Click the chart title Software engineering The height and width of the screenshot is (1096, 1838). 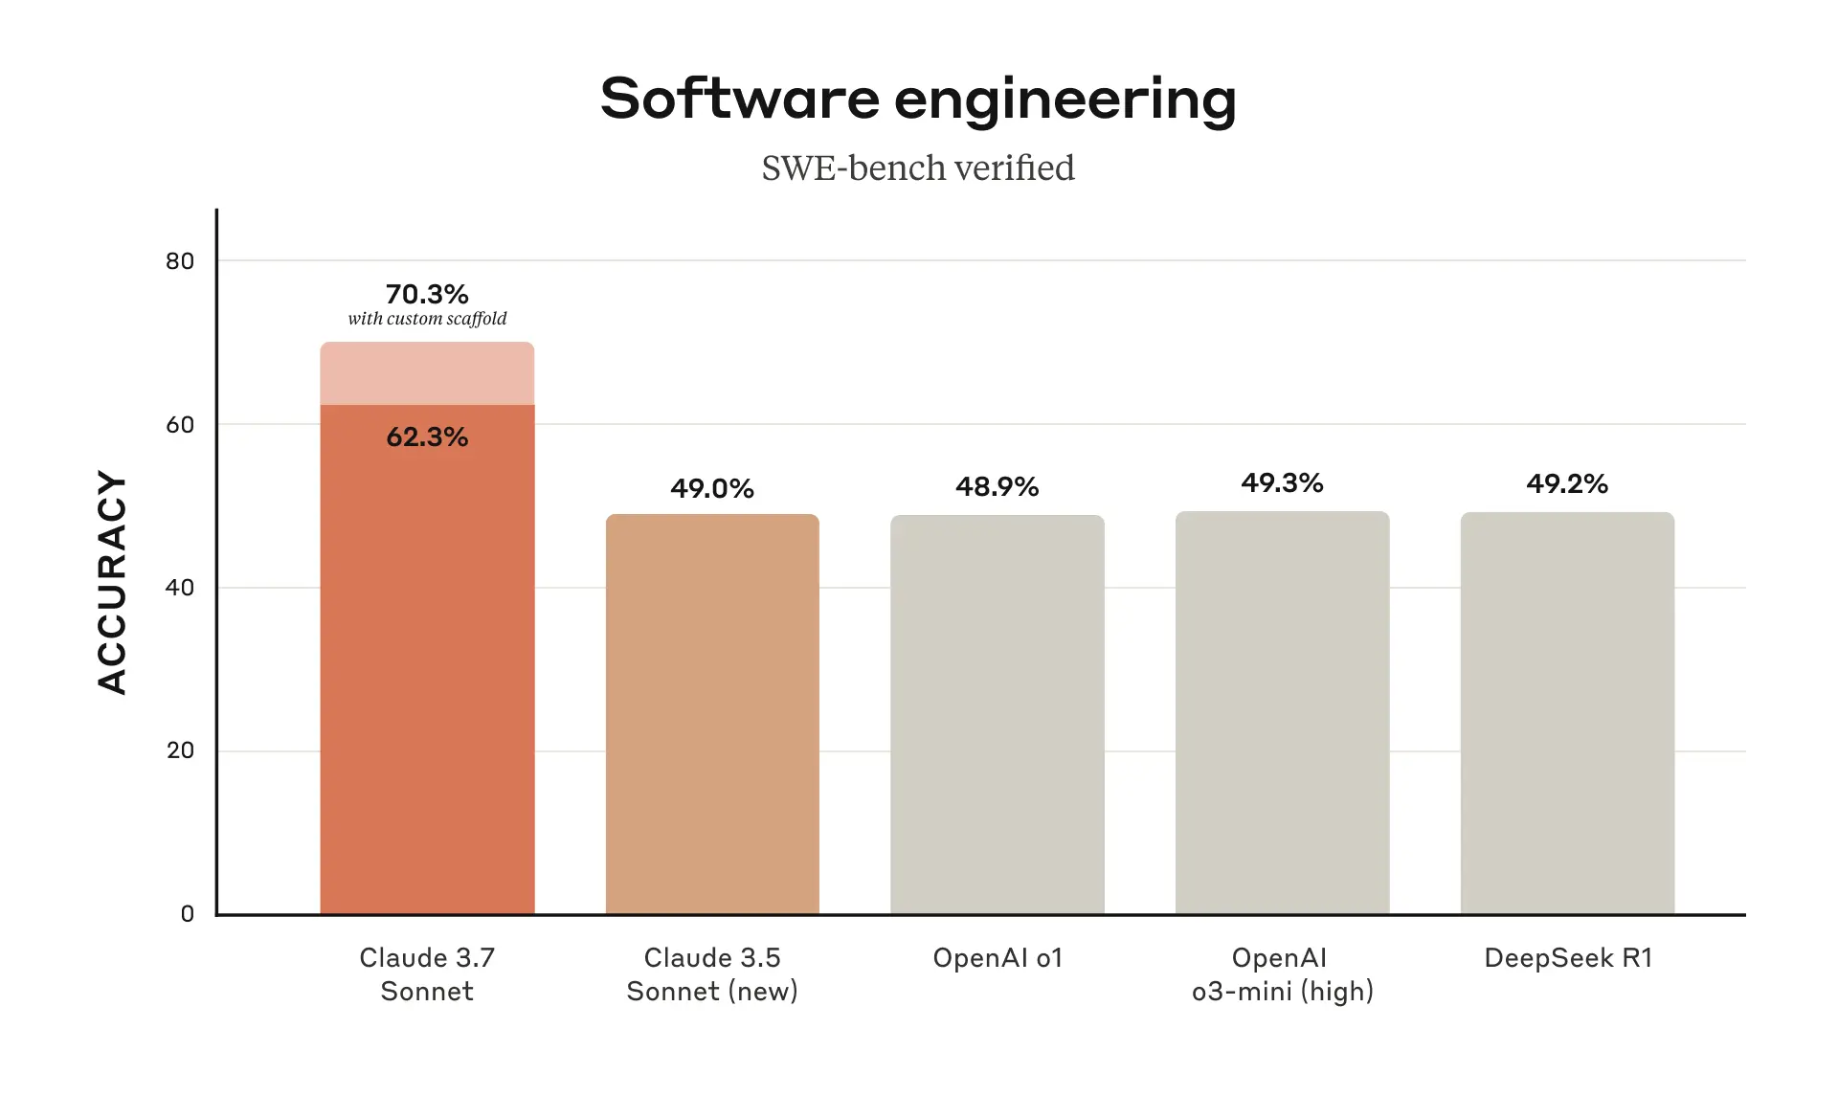coord(918,99)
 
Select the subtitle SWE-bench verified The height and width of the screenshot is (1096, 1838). coord(918,168)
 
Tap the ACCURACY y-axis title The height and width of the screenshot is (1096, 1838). coord(112,582)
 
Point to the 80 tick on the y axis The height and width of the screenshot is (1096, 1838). coord(180,261)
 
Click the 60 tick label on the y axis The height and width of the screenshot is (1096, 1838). coord(180,425)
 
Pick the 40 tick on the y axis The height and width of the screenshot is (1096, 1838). coord(180,588)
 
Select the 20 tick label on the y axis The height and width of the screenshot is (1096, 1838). coord(180,750)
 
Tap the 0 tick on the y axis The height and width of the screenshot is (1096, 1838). coord(188,914)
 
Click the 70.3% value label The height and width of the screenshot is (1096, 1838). coord(427,294)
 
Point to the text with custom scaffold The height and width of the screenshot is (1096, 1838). coord(427,319)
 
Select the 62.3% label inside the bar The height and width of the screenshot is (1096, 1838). coord(427,437)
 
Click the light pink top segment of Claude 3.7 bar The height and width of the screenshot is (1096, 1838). coord(427,373)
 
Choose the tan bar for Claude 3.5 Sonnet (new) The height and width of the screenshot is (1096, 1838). coord(712,713)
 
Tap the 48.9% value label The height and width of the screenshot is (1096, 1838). coord(997,487)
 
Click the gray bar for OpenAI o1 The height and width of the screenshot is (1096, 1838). coord(997,713)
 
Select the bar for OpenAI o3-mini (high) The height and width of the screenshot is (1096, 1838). coord(1282,713)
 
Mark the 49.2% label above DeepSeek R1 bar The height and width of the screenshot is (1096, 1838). coord(1567,483)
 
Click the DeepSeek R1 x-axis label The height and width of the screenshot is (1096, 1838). coord(1567,958)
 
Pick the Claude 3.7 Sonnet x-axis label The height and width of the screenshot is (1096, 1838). coord(427,974)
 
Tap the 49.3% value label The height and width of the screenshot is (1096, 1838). coord(1282,483)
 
